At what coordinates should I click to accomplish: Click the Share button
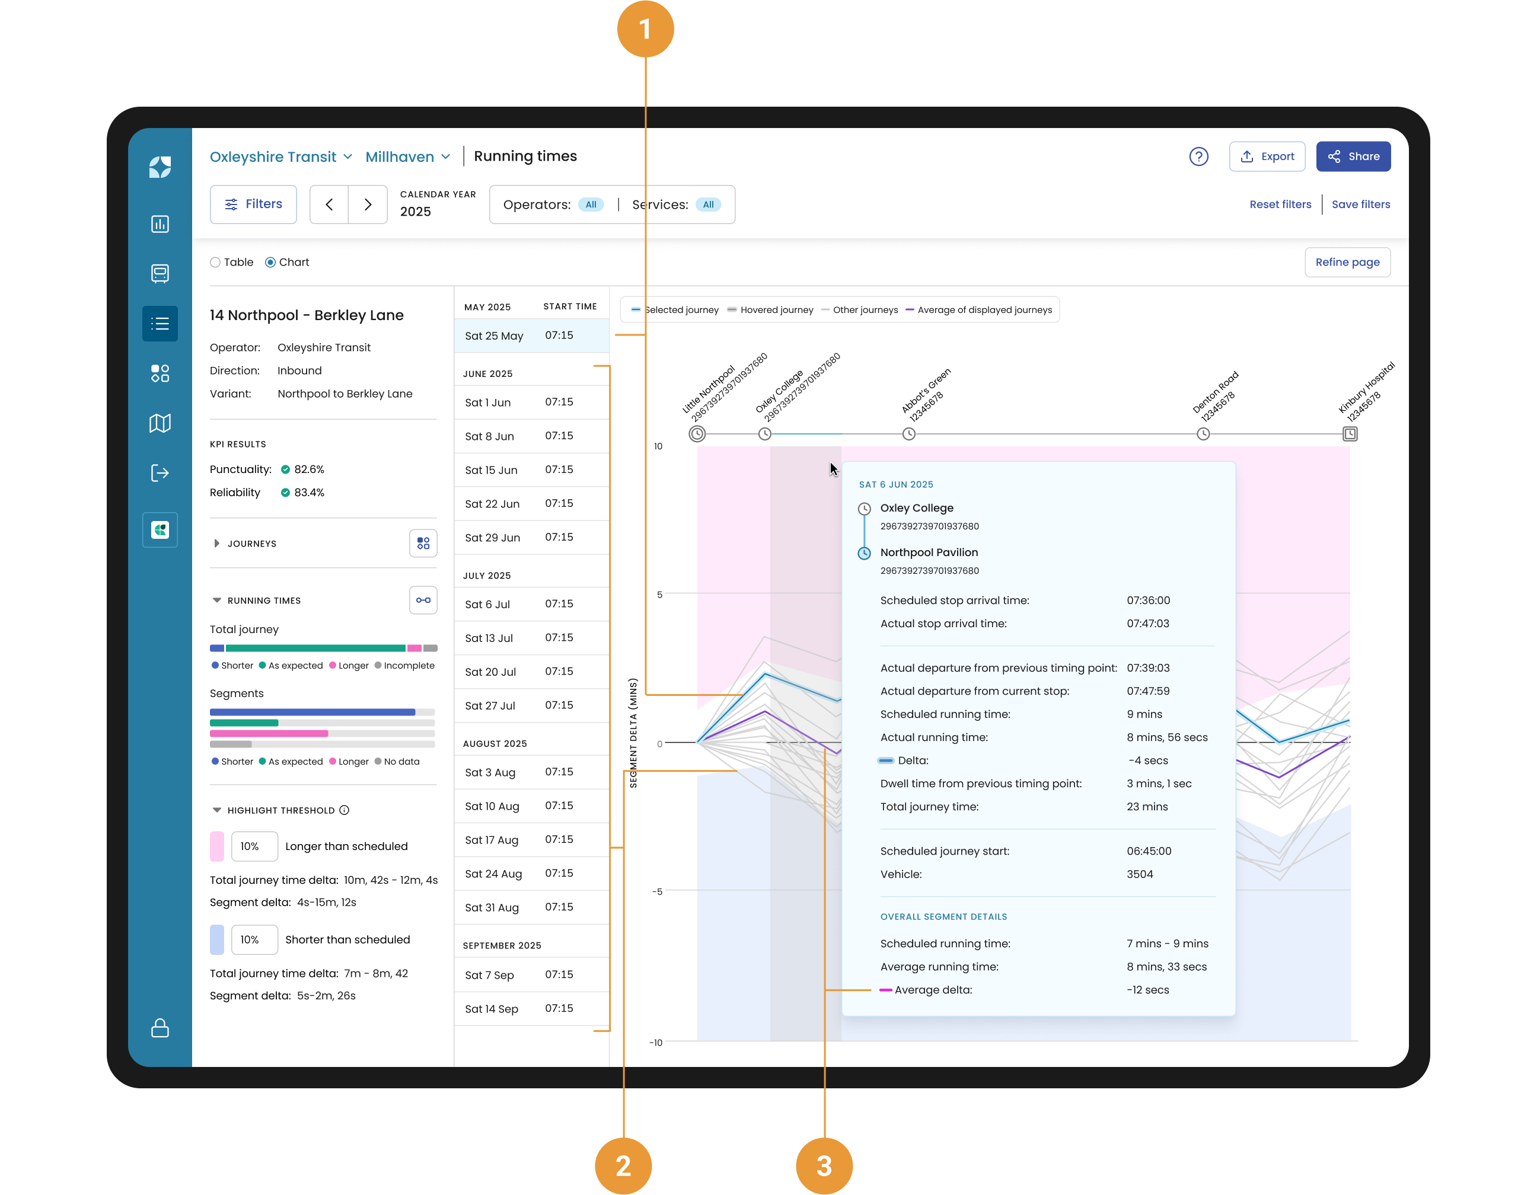[1353, 156]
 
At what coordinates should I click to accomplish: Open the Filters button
[253, 204]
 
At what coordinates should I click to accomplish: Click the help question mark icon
[1198, 156]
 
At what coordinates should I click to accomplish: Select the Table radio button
[215, 263]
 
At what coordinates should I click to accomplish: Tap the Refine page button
[1347, 263]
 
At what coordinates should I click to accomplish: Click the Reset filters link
[1280, 205]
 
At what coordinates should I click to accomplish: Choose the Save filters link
[1360, 205]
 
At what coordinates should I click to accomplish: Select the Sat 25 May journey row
[531, 336]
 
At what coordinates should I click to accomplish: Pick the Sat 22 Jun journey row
[531, 504]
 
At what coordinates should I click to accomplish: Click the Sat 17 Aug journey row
[531, 840]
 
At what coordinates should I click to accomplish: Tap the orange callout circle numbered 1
[645, 29]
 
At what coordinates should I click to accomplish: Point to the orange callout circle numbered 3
[824, 1165]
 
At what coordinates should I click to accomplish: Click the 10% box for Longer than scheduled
[254, 846]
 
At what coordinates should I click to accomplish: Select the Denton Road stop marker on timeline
[1203, 434]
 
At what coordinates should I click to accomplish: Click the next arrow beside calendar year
[368, 205]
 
